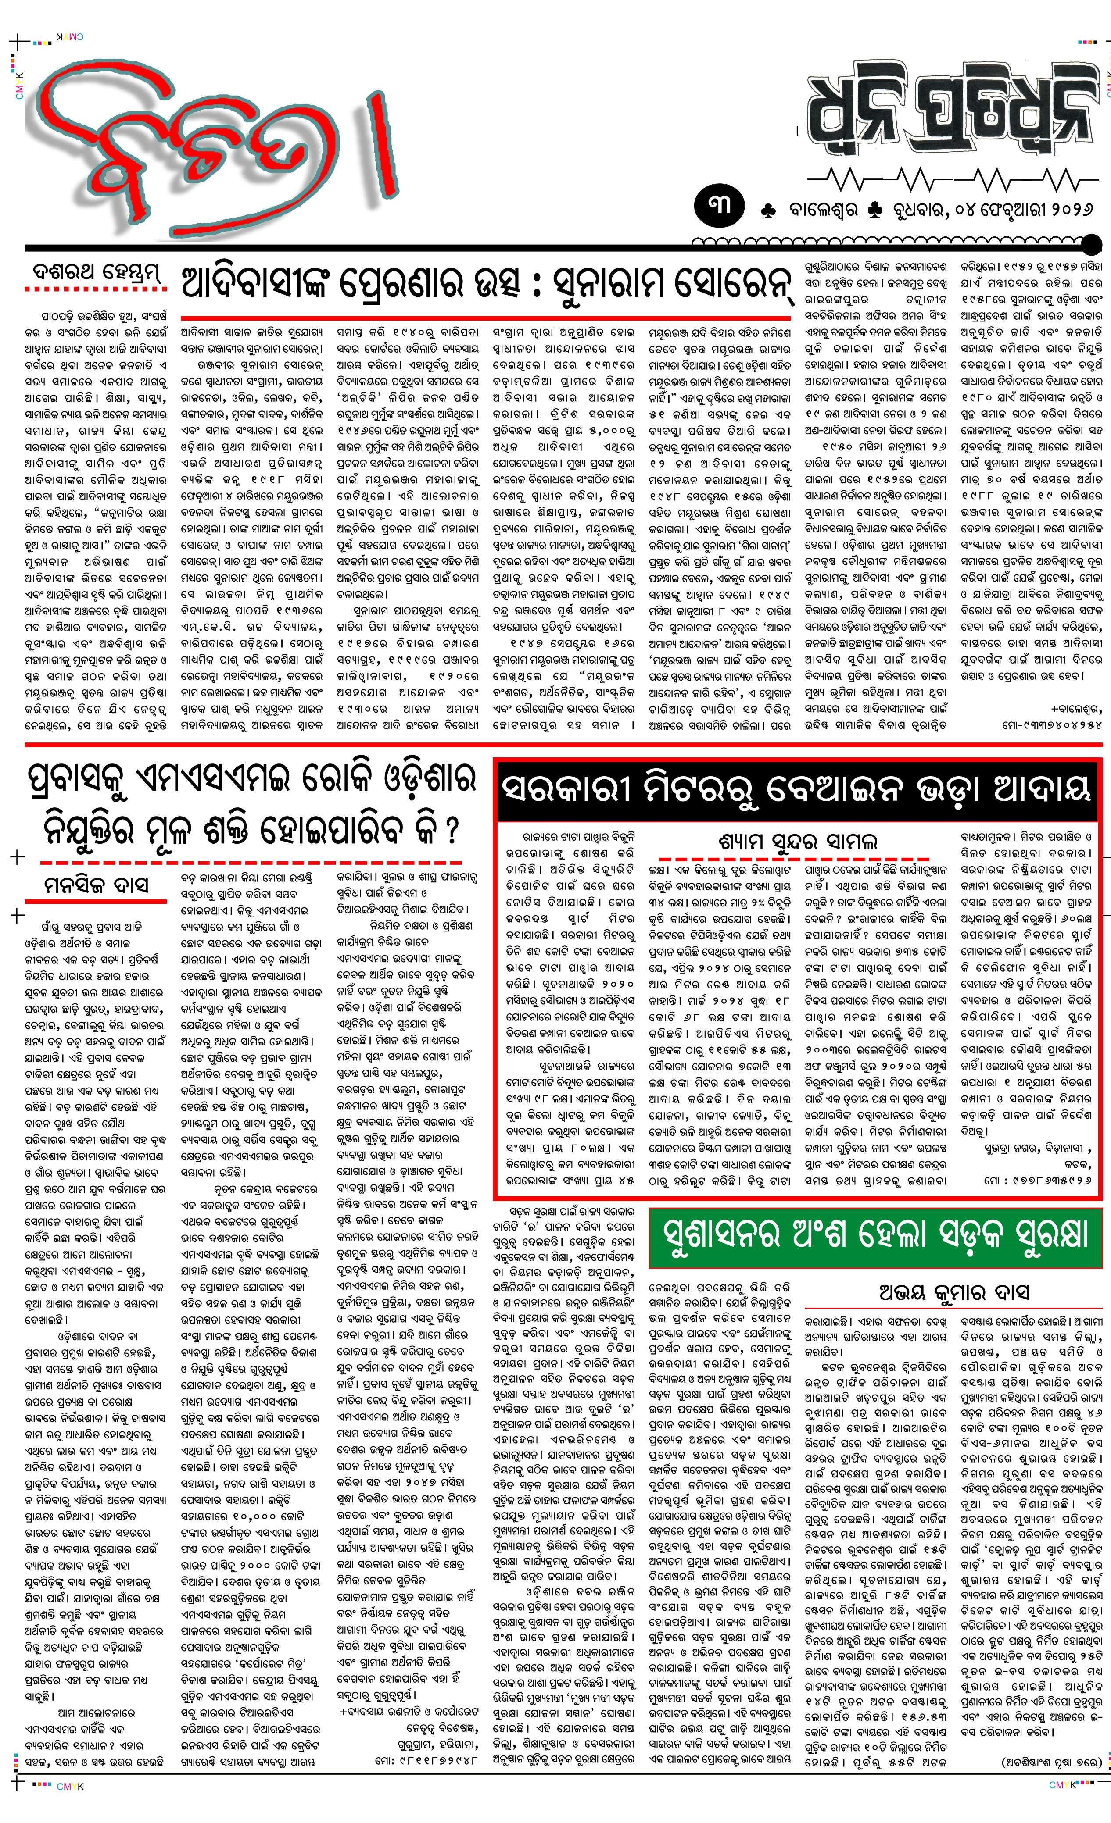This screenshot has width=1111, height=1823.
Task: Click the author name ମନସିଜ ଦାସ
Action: click(96, 885)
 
